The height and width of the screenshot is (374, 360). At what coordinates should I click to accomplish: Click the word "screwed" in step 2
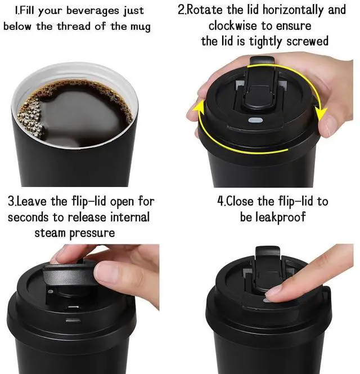(x=307, y=41)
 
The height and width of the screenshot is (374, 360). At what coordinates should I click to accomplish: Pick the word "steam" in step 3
(x=50, y=233)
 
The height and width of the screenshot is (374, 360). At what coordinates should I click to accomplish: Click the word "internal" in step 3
(x=130, y=217)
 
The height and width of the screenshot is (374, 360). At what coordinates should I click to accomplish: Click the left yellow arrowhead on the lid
(x=199, y=109)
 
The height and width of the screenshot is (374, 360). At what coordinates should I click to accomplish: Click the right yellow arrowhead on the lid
(x=321, y=113)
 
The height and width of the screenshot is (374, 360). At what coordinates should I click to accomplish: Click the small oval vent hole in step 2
(x=255, y=120)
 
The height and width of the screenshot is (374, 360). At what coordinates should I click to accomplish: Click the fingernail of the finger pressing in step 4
(x=273, y=292)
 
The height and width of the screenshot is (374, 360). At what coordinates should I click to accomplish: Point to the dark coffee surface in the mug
(x=81, y=112)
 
